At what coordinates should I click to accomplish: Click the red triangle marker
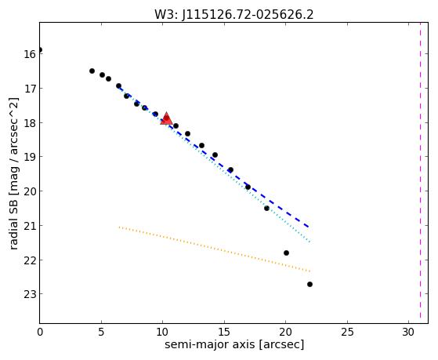166,118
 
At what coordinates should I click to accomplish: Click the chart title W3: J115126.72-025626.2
234,15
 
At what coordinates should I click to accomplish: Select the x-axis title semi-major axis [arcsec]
234,344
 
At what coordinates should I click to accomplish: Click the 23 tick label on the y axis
29,294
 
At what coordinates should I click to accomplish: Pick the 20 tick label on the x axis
285,332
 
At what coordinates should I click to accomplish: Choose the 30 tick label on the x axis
408,332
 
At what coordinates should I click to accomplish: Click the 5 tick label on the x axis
101,332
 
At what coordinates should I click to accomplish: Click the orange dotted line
214,249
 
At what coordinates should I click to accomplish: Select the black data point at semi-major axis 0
40,49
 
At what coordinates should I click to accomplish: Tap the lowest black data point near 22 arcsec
309,284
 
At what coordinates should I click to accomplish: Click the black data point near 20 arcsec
286,253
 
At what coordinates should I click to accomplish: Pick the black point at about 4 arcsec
92,71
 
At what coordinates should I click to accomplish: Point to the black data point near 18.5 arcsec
266,208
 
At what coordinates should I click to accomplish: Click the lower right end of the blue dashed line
309,227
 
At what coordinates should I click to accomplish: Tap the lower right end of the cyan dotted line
309,242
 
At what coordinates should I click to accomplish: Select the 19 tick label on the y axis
29,157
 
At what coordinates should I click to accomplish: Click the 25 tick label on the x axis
347,332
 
